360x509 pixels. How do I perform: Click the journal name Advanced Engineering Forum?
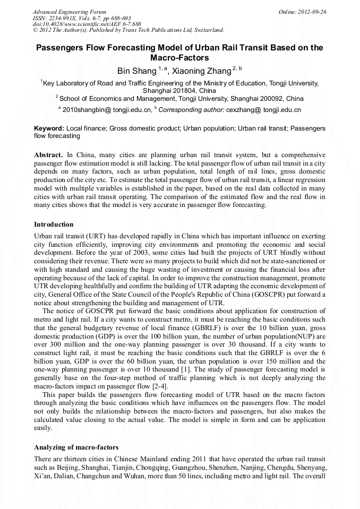click(69, 12)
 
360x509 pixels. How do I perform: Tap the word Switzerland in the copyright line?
click(207, 30)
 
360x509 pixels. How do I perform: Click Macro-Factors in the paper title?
click(179, 57)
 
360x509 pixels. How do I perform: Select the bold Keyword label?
click(49, 128)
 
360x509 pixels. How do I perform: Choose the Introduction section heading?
click(54, 225)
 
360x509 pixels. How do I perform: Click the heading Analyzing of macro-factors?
click(76, 447)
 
